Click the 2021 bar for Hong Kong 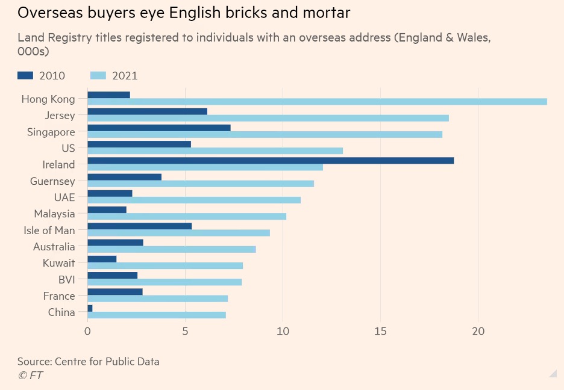click(317, 102)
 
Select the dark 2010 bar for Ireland click(271, 161)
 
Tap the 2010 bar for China click(90, 308)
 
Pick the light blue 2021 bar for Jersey click(268, 118)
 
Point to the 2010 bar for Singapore click(159, 128)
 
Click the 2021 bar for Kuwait click(165, 265)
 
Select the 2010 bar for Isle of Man click(140, 226)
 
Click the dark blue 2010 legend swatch click(25, 75)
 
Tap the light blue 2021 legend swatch click(98, 75)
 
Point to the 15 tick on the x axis click(380, 331)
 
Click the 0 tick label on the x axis click(88, 331)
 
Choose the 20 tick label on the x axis click(478, 331)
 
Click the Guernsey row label click(52, 181)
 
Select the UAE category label click(64, 197)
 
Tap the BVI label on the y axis click(66, 279)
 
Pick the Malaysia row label click(54, 214)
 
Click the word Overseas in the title click(48, 13)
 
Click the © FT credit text click(30, 376)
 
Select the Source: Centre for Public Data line click(88, 362)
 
